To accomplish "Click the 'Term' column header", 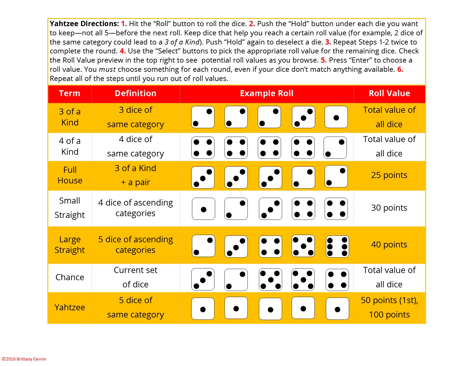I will [70, 94].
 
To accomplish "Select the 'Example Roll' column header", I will [267, 94].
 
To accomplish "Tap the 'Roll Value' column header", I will [389, 94].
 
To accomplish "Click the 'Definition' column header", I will [136, 94].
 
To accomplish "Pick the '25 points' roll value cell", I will [389, 175].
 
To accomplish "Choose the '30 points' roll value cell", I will [389, 208].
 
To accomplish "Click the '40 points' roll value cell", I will [389, 245].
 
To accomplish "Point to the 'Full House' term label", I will [70, 175].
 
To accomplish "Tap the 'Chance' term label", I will [70, 277].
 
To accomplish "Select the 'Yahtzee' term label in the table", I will [70, 307].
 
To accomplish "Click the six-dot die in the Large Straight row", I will [337, 246].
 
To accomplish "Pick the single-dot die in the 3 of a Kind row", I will [336, 117].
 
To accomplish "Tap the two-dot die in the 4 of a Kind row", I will [335, 148].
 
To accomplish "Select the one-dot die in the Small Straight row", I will [203, 209].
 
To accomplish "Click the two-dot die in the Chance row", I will [236, 280].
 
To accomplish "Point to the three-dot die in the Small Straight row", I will [270, 209].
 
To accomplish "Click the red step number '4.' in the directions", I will [123, 51].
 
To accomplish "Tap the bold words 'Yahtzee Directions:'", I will [84, 24].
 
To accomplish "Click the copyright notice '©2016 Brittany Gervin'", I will [24, 359].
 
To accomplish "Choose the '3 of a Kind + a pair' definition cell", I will [136, 175].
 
